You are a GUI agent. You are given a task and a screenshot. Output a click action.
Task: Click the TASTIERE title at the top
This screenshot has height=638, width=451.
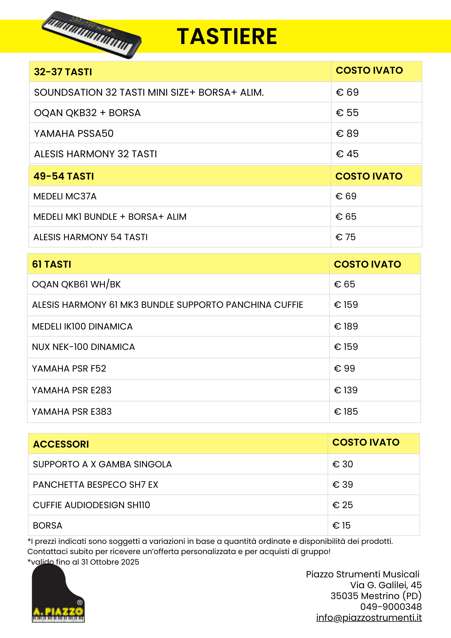point(227,36)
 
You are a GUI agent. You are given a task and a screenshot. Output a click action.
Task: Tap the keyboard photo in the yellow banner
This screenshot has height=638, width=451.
point(92,35)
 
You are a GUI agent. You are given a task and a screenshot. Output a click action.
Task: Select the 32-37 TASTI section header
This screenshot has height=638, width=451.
point(63,72)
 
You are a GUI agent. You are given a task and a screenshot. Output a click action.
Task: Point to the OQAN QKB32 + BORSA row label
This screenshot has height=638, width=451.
point(87,113)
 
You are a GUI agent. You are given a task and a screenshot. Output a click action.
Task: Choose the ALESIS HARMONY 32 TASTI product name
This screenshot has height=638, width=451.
point(95,154)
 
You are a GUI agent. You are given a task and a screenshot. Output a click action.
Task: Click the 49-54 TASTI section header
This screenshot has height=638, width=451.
point(63,176)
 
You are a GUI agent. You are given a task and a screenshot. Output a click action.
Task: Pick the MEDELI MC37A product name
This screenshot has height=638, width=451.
point(65,197)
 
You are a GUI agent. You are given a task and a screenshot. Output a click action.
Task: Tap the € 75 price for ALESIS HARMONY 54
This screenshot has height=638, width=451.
point(345,237)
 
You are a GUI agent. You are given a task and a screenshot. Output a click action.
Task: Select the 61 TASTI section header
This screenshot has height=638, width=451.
point(51,264)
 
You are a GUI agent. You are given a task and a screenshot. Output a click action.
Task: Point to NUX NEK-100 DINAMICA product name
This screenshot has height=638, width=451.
point(83,347)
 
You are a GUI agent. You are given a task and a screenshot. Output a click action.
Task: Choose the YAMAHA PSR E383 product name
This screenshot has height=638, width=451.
point(72,412)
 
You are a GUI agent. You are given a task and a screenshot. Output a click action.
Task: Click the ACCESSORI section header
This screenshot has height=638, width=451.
point(61,444)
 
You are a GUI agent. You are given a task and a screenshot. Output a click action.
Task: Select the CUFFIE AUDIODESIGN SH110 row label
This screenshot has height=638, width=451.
point(91,505)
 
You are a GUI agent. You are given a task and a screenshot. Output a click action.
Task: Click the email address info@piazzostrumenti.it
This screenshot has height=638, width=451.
point(369,618)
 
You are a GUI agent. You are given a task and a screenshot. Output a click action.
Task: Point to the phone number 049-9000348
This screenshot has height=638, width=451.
point(391,607)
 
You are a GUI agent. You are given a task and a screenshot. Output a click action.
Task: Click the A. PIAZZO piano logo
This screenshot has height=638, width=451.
point(58,594)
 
